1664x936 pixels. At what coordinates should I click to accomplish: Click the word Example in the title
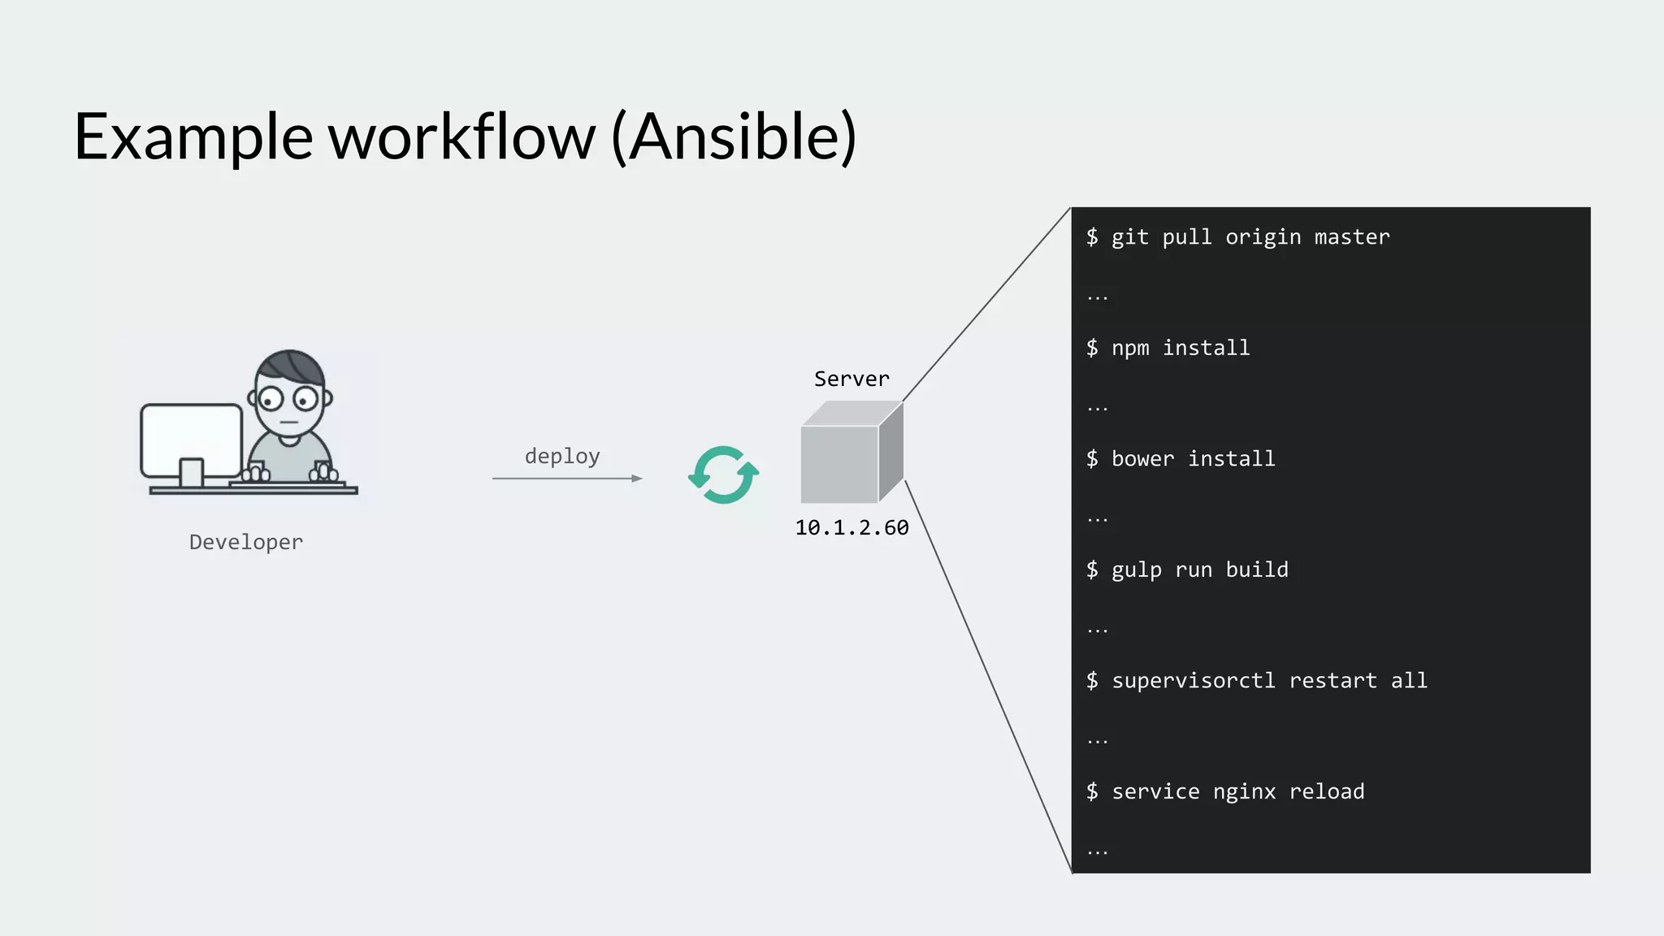[193, 136]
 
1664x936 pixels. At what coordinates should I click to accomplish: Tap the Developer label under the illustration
[245, 542]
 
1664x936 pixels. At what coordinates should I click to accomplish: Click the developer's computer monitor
[192, 440]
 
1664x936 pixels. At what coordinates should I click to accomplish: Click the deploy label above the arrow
[562, 456]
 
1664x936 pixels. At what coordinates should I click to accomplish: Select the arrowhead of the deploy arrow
[637, 479]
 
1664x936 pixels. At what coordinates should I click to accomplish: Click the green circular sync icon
[723, 474]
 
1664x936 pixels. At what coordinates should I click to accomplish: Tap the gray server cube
[845, 459]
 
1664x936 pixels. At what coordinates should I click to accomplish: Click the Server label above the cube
[851, 379]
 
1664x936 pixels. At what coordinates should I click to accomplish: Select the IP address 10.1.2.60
[851, 527]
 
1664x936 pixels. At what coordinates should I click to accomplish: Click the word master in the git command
[1352, 236]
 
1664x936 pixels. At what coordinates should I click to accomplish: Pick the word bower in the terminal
[1142, 458]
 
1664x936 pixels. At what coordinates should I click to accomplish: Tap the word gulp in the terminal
[1136, 570]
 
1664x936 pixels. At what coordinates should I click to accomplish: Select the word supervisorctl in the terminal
[1193, 680]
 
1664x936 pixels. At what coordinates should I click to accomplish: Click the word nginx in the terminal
[1244, 791]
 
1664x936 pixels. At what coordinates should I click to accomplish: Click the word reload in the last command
[1326, 791]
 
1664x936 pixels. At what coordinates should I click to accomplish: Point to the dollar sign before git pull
[1092, 236]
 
